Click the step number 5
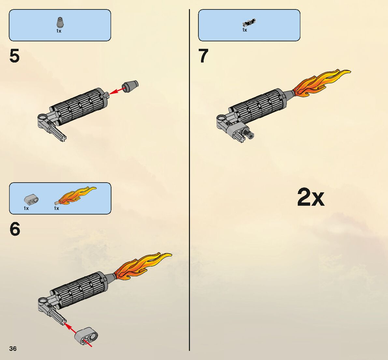15,56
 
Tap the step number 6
15,229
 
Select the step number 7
203,56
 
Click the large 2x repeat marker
310,197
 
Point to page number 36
13,349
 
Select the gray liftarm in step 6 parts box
31,198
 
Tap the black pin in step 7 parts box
249,23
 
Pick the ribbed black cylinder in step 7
257,106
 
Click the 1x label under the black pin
245,30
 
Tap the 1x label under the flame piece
56,208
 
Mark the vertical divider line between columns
189,179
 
